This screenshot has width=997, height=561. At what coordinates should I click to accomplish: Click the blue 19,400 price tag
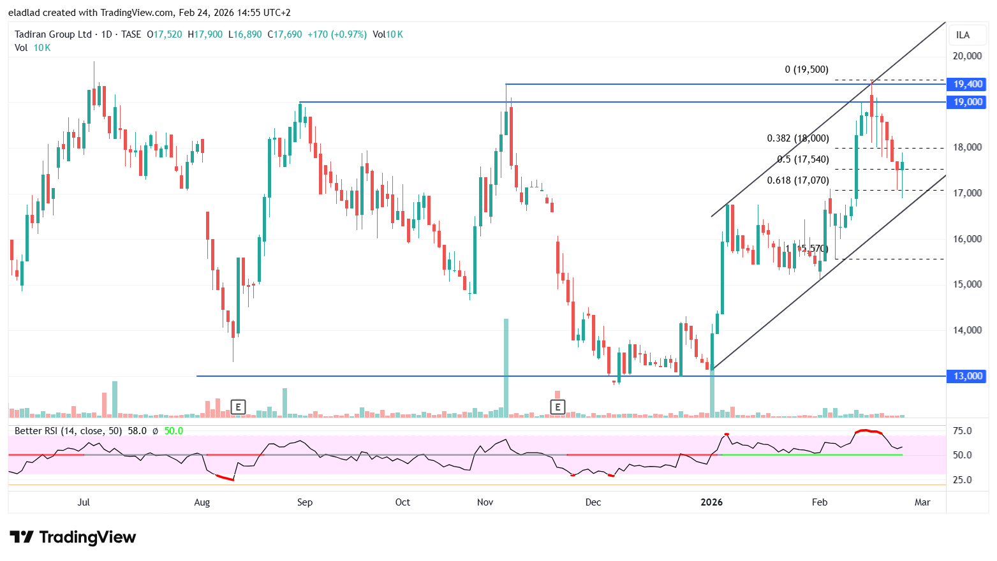967,84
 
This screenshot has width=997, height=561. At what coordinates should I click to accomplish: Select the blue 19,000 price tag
967,102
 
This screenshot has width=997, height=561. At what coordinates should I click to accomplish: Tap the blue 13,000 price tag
967,376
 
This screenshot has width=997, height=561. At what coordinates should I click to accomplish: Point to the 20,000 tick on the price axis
967,56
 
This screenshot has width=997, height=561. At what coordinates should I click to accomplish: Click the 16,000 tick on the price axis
967,239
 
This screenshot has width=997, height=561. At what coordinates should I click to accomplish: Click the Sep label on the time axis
305,502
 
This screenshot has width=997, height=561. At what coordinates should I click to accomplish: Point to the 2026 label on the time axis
711,502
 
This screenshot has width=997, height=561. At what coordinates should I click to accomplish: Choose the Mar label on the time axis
922,502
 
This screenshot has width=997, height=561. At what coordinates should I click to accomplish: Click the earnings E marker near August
238,407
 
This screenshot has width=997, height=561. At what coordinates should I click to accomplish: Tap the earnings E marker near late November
558,407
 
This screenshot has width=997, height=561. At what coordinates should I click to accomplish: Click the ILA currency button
963,35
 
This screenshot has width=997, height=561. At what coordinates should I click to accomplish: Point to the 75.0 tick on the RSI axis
962,431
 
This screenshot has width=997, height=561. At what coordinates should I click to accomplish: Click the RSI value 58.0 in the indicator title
137,431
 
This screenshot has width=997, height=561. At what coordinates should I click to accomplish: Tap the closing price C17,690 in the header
284,34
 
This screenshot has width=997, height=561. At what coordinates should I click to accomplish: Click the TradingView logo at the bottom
73,537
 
